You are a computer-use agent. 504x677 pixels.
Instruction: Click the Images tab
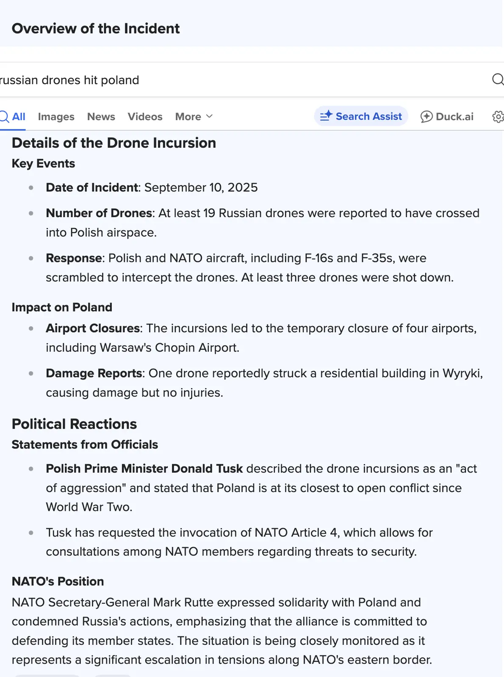[x=56, y=117]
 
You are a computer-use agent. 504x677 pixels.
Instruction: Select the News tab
[x=101, y=117]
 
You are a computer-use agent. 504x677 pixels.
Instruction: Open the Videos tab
[x=145, y=117]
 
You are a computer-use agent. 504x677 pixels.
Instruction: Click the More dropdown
[x=194, y=117]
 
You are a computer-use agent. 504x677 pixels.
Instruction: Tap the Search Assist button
[x=361, y=116]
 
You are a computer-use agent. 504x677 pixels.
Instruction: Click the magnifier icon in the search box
[x=498, y=80]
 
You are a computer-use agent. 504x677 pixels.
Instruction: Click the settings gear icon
[x=498, y=117]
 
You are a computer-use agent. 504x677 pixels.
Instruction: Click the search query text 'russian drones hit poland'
[x=69, y=80]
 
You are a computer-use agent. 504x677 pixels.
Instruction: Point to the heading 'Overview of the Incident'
[x=96, y=28]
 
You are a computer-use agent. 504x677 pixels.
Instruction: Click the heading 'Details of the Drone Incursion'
[x=114, y=143]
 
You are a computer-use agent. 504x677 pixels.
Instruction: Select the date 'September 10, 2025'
[x=201, y=187]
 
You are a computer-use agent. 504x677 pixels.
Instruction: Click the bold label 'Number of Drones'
[x=99, y=213]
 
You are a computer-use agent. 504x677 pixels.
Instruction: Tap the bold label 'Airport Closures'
[x=93, y=328]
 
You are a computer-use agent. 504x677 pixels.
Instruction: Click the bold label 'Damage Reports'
[x=94, y=373]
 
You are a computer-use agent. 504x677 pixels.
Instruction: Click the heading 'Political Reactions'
[x=74, y=424]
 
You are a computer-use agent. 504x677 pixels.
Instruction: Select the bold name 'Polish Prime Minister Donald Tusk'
[x=144, y=469]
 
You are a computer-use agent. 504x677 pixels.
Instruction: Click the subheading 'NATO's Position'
[x=58, y=581]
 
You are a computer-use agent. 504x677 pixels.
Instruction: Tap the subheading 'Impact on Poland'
[x=62, y=307]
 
